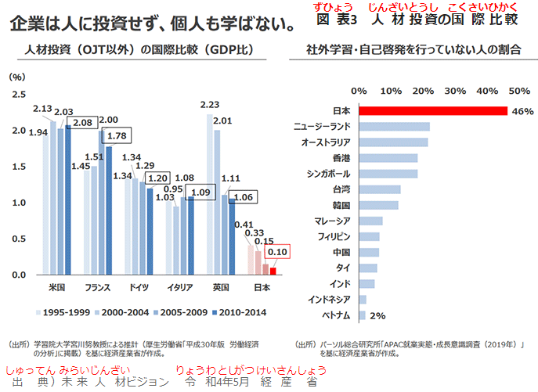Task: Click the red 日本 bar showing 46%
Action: [x=432, y=110]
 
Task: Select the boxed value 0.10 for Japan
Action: [x=278, y=252]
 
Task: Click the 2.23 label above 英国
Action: [x=210, y=105]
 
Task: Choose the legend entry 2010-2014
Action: [x=240, y=313]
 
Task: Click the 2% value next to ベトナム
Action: [x=377, y=315]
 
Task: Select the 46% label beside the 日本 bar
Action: [x=522, y=111]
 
